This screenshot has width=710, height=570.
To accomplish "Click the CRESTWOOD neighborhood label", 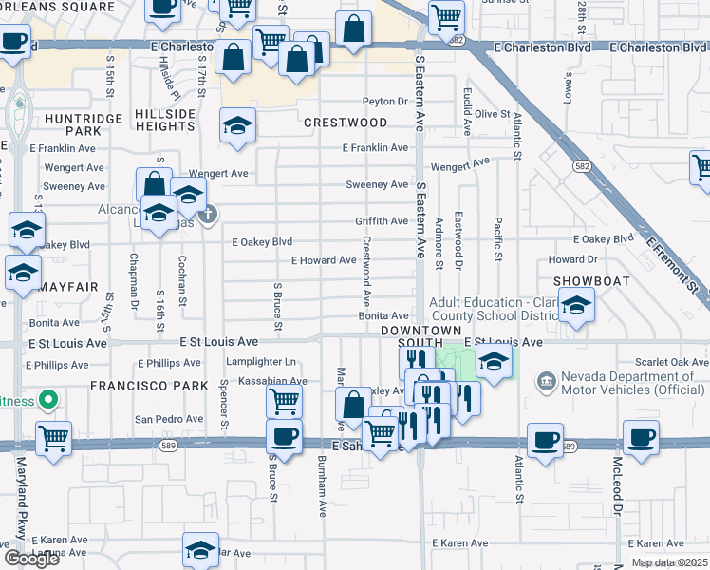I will click(x=346, y=123).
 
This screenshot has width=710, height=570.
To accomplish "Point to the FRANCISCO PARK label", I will click(x=136, y=386).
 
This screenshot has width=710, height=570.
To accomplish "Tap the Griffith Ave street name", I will click(x=382, y=220).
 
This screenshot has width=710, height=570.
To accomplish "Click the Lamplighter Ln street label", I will click(x=261, y=362).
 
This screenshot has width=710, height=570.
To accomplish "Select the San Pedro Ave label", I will click(x=168, y=418).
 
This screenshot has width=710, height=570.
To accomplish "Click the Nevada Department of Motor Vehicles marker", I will click(x=546, y=383).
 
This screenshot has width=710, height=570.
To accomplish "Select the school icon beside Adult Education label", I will click(x=575, y=307).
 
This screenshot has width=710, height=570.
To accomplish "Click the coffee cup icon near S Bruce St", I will click(x=283, y=438).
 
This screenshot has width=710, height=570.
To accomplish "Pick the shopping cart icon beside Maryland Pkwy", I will click(x=53, y=439).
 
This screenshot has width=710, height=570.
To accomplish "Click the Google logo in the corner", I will click(x=31, y=559).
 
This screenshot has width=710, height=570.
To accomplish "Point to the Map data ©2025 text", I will click(x=668, y=562).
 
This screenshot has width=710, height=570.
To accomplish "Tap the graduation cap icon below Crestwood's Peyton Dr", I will click(x=237, y=125).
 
